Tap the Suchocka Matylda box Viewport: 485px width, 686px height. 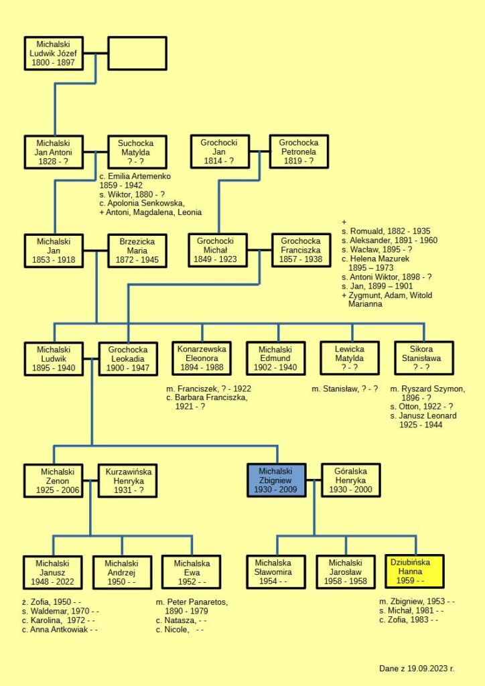[x=136, y=152]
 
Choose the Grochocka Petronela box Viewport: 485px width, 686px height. [x=299, y=152]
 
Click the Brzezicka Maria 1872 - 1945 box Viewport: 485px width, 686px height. [x=137, y=251]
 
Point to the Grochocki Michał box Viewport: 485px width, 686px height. [x=218, y=251]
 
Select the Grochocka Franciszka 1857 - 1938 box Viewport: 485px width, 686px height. [x=301, y=251]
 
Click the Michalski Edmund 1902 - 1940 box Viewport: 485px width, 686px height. [x=275, y=358]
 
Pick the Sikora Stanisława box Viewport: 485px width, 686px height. [x=423, y=358]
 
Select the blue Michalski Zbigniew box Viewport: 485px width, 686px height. [x=276, y=480]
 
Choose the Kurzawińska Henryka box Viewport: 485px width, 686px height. [x=128, y=480]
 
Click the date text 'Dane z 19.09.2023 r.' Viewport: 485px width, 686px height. [x=416, y=669]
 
